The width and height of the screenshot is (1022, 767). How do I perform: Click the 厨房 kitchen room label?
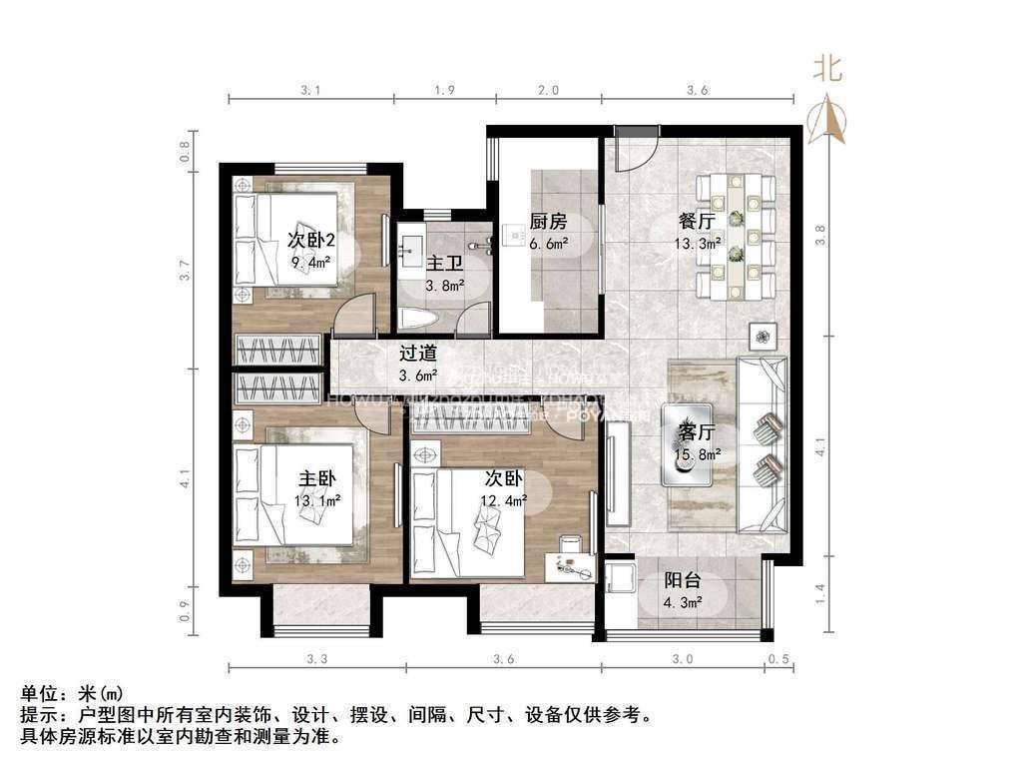[x=548, y=222]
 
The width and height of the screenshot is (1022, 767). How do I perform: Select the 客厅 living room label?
[x=697, y=432]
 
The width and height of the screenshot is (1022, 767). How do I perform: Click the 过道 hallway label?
[x=418, y=353]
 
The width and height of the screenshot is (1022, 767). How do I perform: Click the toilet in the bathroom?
[x=415, y=319]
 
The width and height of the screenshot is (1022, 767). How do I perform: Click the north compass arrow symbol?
[x=828, y=118]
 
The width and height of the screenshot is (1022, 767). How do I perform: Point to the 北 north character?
[x=827, y=68]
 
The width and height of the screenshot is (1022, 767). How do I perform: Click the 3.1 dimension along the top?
[x=310, y=91]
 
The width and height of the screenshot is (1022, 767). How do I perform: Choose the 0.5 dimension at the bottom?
[x=778, y=659]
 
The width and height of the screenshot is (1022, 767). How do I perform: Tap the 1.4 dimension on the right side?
[x=820, y=593]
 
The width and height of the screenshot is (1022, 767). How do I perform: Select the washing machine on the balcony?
[x=621, y=578]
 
